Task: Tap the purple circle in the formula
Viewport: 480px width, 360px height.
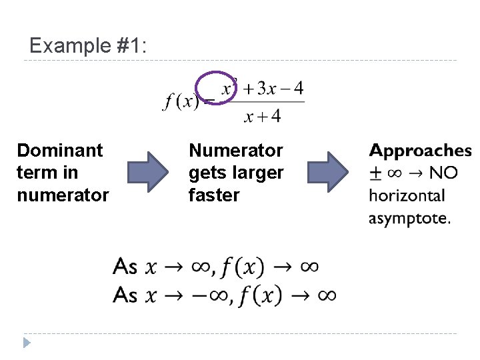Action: click(x=215, y=89)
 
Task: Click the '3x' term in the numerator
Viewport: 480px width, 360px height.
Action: click(x=267, y=88)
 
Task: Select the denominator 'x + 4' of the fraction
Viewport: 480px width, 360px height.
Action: click(x=263, y=117)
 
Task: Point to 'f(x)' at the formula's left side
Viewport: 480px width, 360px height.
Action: click(x=181, y=101)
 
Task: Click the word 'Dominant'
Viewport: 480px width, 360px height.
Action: click(x=60, y=151)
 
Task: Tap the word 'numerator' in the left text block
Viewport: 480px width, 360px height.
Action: click(x=63, y=195)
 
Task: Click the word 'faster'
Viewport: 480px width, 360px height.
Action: click(x=214, y=195)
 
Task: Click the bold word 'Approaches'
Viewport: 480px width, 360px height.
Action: click(x=421, y=151)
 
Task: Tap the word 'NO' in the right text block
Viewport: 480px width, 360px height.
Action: click(x=444, y=173)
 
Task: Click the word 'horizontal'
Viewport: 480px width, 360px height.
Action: click(x=407, y=195)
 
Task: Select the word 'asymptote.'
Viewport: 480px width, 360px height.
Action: click(x=409, y=218)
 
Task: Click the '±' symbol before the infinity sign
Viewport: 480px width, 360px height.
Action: click(x=375, y=173)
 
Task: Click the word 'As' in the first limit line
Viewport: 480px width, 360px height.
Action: click(x=125, y=267)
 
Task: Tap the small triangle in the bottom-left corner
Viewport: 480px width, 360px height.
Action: click(x=27, y=343)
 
